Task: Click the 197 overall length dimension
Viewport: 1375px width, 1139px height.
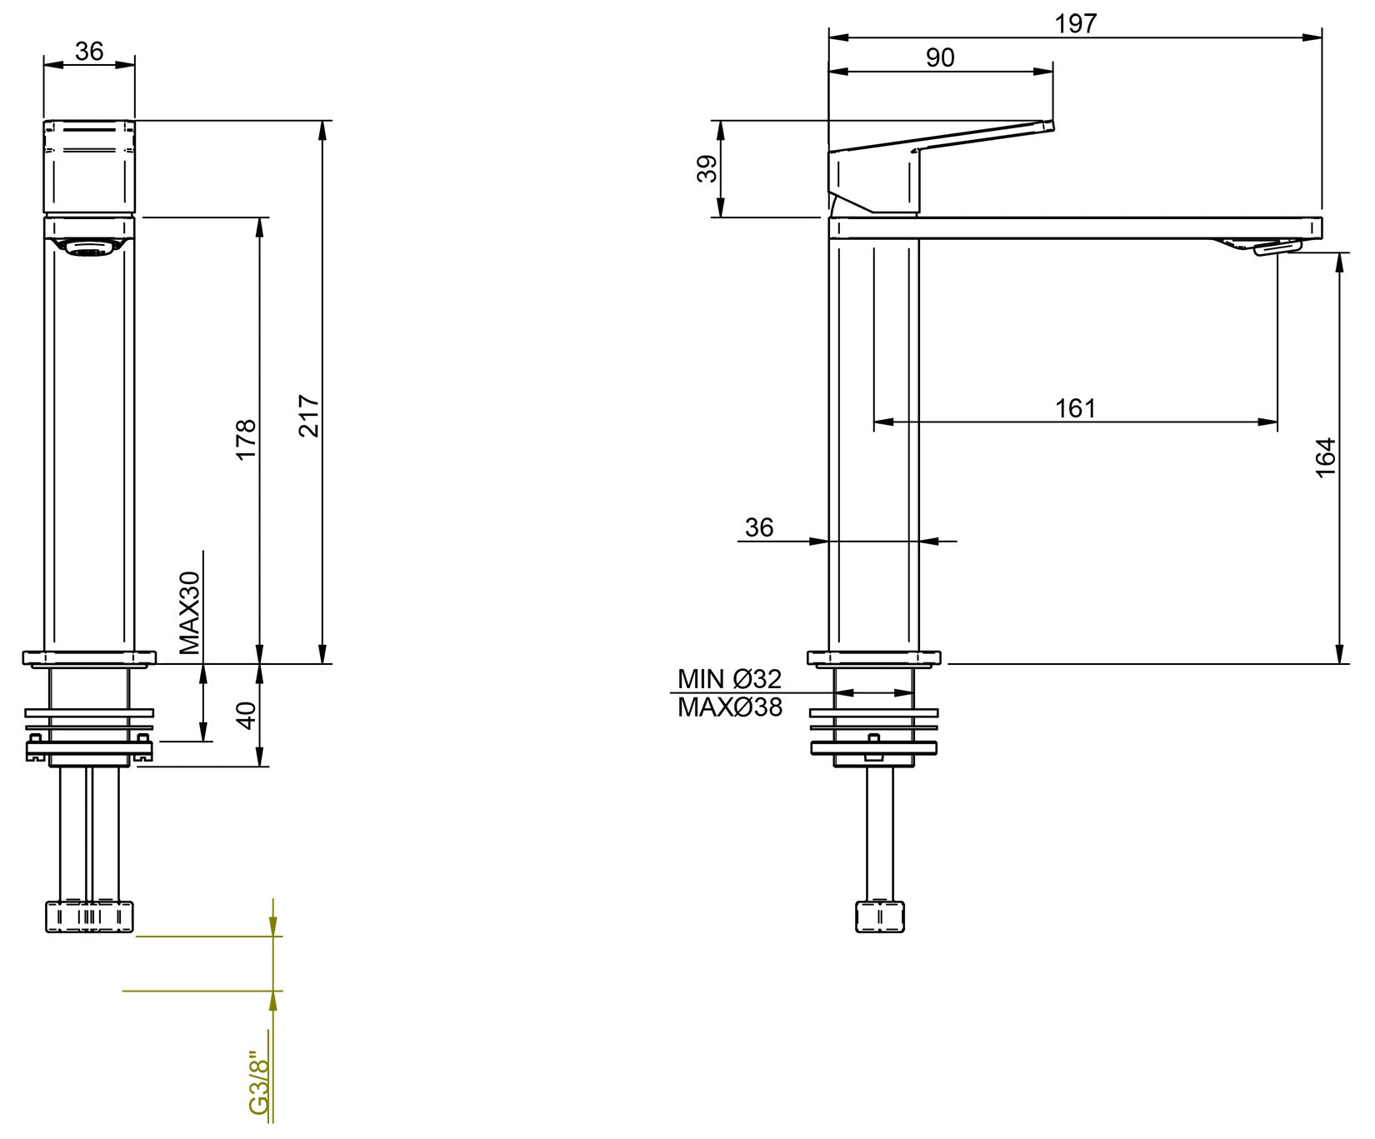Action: pyautogui.click(x=1075, y=23)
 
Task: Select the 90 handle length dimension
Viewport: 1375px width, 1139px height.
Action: pyautogui.click(x=940, y=57)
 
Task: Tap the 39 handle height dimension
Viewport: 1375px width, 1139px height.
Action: pyautogui.click(x=707, y=168)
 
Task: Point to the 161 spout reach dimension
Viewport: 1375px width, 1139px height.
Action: pyautogui.click(x=1075, y=408)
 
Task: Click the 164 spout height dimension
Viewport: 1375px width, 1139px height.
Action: pyautogui.click(x=1325, y=457)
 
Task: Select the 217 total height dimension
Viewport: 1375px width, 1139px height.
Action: pyautogui.click(x=309, y=416)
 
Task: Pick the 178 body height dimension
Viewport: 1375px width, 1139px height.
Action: pyautogui.click(x=246, y=439)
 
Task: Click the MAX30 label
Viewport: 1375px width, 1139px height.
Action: pyautogui.click(x=190, y=612)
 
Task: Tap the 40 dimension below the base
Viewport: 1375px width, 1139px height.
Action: pyautogui.click(x=246, y=715)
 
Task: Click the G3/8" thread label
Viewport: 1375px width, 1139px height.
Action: pyautogui.click(x=260, y=1082)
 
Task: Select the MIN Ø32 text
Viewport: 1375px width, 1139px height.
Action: pyautogui.click(x=729, y=678)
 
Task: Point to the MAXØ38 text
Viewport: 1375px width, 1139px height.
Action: pyautogui.click(x=730, y=707)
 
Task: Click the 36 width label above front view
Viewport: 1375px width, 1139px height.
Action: pyautogui.click(x=89, y=51)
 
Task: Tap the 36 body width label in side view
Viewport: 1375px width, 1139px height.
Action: pyautogui.click(x=759, y=527)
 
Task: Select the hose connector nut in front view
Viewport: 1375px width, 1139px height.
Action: pyautogui.click(x=88, y=917)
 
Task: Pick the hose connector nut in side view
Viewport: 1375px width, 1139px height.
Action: pyautogui.click(x=880, y=916)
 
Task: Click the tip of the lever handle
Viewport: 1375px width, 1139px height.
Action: pyautogui.click(x=1048, y=126)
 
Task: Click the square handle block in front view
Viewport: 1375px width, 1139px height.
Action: pyautogui.click(x=88, y=167)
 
